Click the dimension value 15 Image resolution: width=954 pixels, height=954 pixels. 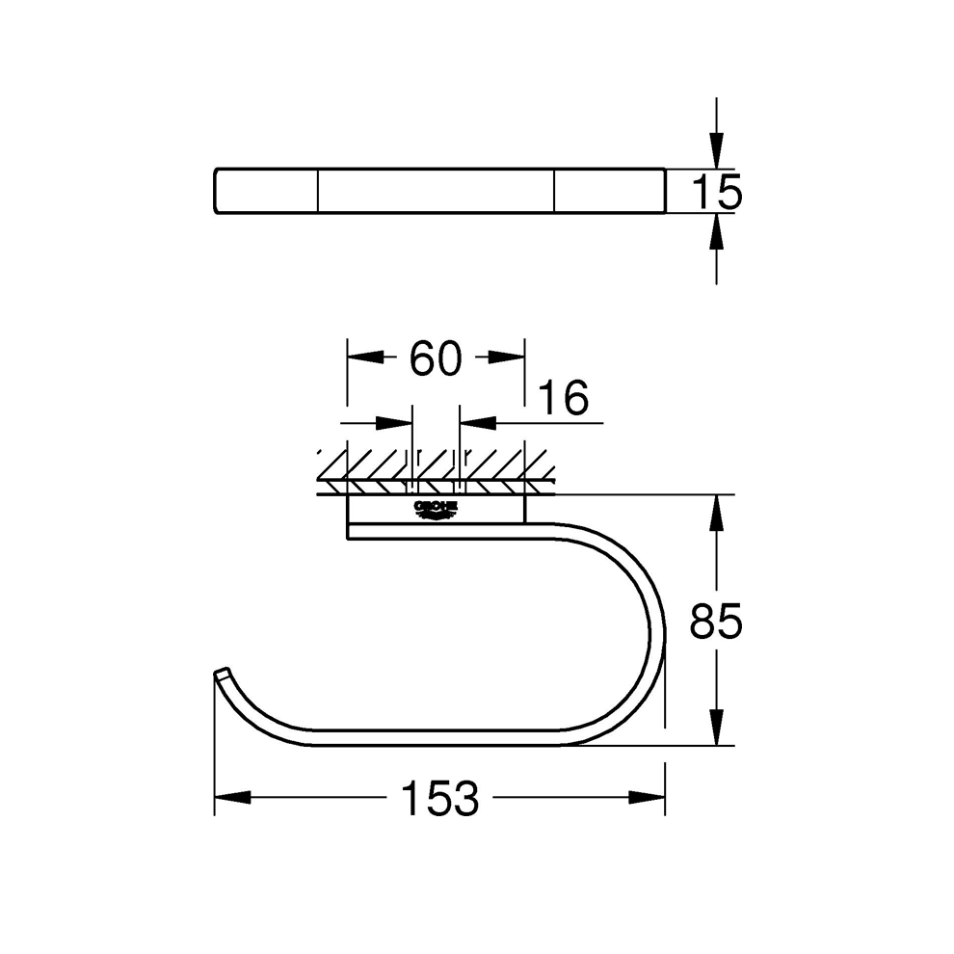click(x=717, y=192)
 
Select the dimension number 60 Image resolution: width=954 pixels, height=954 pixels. click(x=436, y=358)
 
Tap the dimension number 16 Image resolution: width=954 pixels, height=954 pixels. click(x=562, y=398)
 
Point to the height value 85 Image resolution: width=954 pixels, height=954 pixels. click(x=716, y=623)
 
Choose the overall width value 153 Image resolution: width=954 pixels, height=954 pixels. click(x=439, y=799)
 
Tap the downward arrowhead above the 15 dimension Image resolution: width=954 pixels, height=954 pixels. click(x=716, y=150)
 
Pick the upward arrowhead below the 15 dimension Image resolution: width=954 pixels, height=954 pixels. click(x=716, y=233)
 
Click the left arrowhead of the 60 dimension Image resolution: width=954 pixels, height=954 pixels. click(x=365, y=358)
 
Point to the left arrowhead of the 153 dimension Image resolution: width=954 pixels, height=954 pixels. click(x=232, y=798)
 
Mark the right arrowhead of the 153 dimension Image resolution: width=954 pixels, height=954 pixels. click(x=646, y=798)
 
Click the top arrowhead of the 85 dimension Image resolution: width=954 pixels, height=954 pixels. click(x=716, y=515)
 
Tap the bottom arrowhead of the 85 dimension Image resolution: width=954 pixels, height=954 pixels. click(x=716, y=726)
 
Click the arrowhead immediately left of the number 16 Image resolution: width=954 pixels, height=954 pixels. click(x=478, y=422)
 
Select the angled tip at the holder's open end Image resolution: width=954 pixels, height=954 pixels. click(x=222, y=673)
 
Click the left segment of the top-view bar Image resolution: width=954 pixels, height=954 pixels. click(x=265, y=190)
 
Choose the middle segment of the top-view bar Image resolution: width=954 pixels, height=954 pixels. click(x=436, y=190)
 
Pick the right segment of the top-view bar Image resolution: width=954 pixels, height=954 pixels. click(x=609, y=190)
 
